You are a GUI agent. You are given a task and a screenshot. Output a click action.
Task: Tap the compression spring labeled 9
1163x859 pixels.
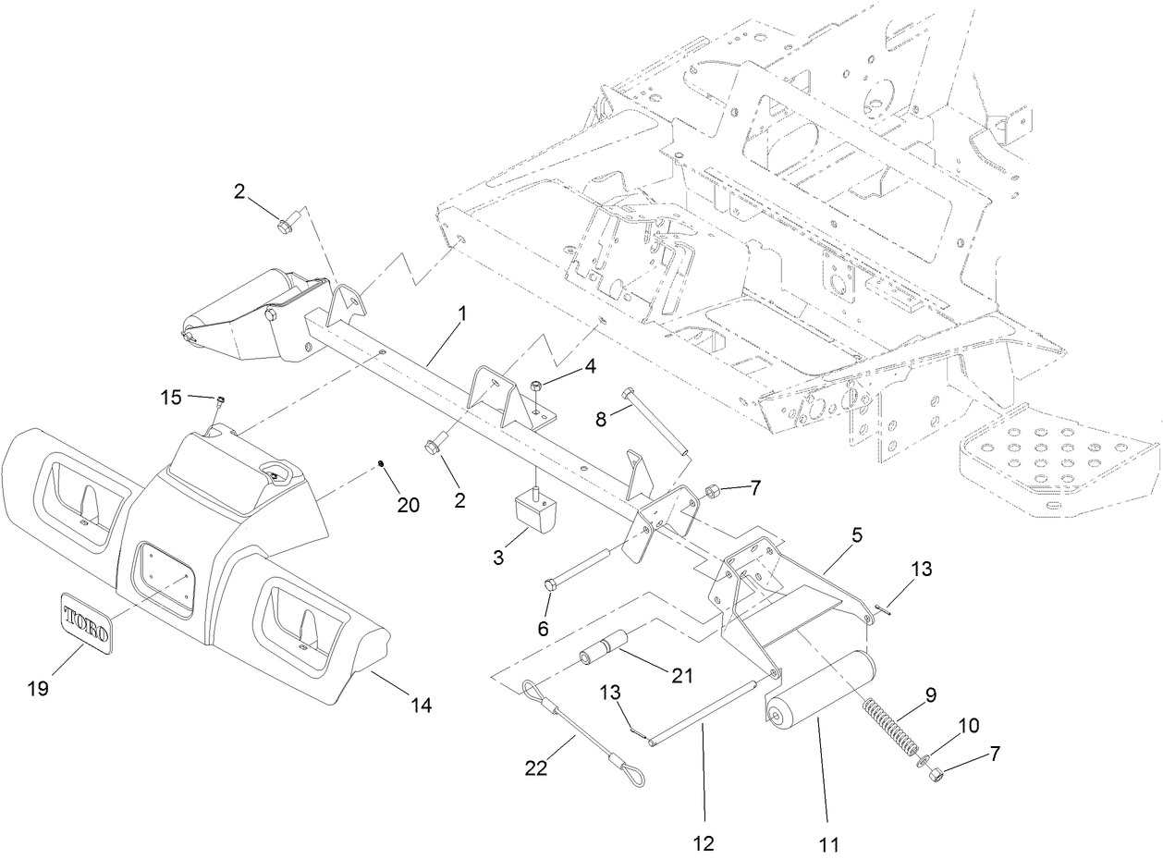(888, 723)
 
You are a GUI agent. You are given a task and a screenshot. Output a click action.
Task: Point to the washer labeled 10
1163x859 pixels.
(922, 760)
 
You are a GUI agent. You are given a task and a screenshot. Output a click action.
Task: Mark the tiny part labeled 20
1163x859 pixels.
(381, 461)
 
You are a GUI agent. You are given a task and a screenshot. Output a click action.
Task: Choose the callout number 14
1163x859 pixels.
(421, 705)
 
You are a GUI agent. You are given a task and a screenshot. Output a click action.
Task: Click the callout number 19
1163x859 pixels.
(39, 688)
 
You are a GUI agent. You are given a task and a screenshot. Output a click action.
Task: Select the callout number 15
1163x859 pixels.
(171, 398)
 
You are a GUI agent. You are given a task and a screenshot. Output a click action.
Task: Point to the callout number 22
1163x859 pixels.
(536, 767)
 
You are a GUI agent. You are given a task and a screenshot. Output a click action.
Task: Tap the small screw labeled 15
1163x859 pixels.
(221, 400)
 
